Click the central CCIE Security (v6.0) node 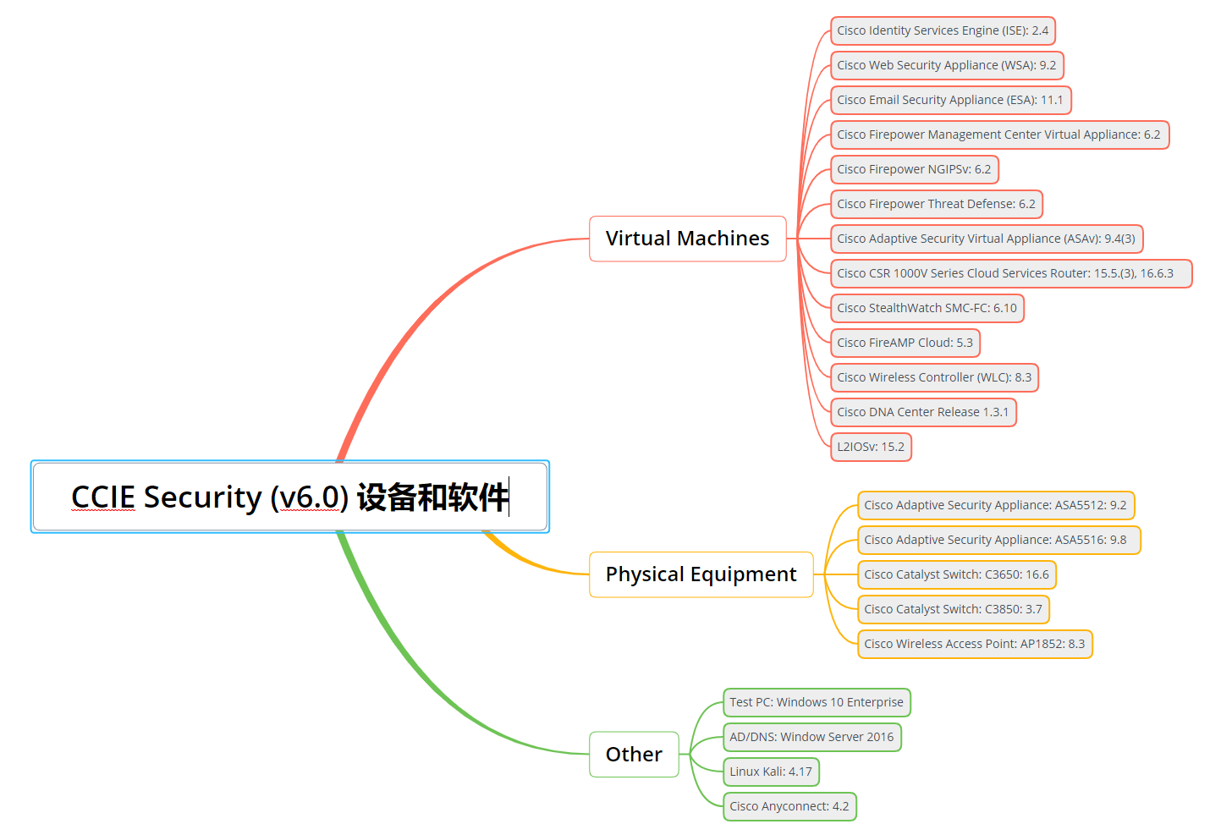(290, 497)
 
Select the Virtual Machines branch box (687, 239)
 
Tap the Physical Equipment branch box (701, 574)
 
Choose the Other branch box (634, 754)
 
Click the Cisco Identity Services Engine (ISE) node (943, 30)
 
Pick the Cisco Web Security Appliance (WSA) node (947, 65)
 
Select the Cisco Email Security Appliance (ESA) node (950, 100)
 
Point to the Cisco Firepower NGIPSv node (914, 169)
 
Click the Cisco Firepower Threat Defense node (936, 204)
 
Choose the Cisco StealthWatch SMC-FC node (927, 308)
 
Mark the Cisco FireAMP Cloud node (905, 343)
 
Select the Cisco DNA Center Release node (922, 412)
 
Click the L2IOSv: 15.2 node (871, 447)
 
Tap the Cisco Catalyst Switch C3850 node (953, 609)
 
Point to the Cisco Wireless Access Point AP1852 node (974, 644)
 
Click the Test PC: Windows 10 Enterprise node (817, 702)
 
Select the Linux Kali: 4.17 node (771, 772)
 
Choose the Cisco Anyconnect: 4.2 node (789, 806)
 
